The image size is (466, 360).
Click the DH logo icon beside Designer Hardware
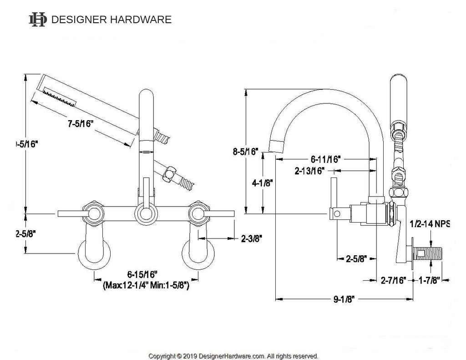[37, 19]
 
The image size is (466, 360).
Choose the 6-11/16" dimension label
[326, 160]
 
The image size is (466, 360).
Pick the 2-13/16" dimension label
[309, 171]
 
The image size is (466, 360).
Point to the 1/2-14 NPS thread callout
[430, 224]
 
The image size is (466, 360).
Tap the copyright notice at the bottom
[233, 355]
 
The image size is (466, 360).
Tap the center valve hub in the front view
[145, 213]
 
